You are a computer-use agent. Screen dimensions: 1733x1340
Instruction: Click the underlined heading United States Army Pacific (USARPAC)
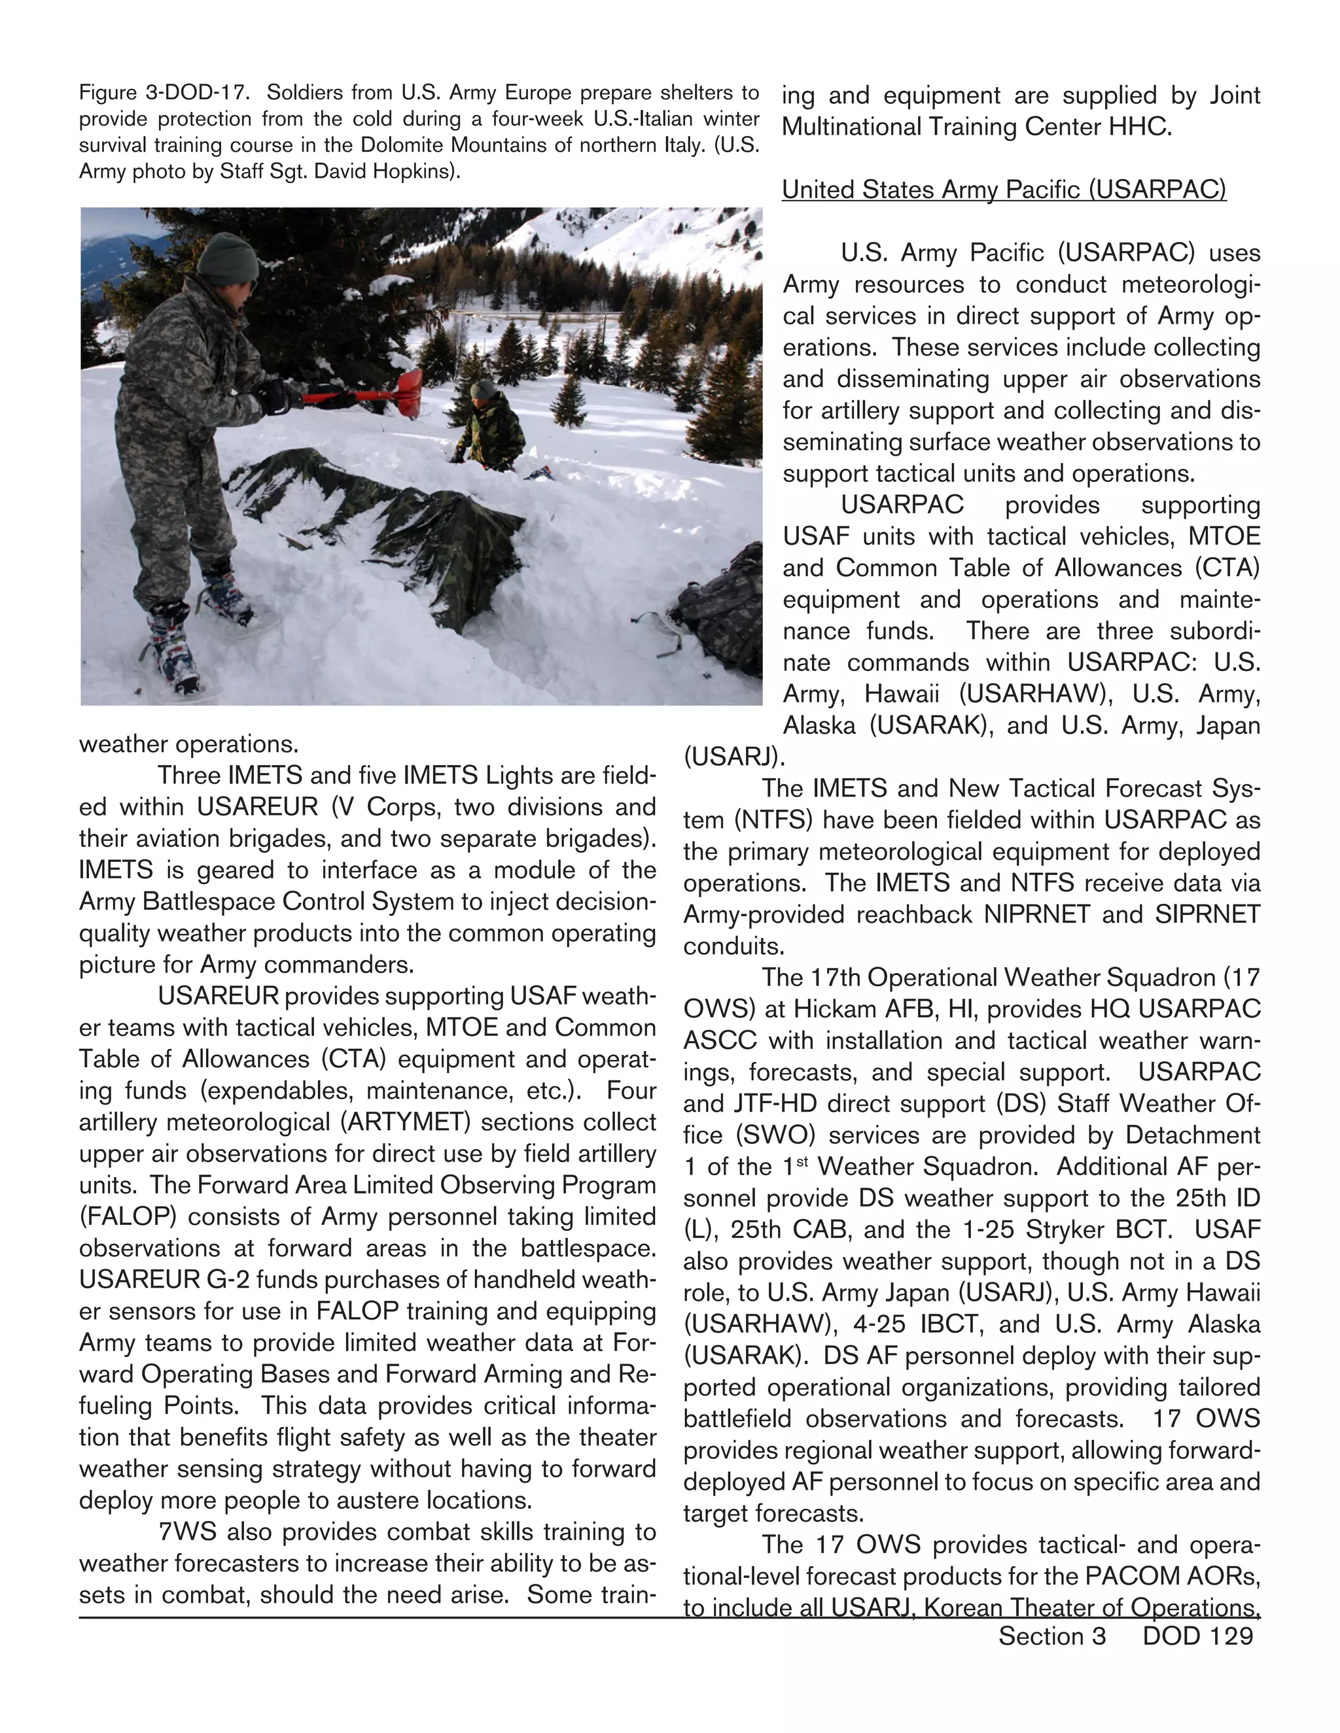[x=1004, y=190]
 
